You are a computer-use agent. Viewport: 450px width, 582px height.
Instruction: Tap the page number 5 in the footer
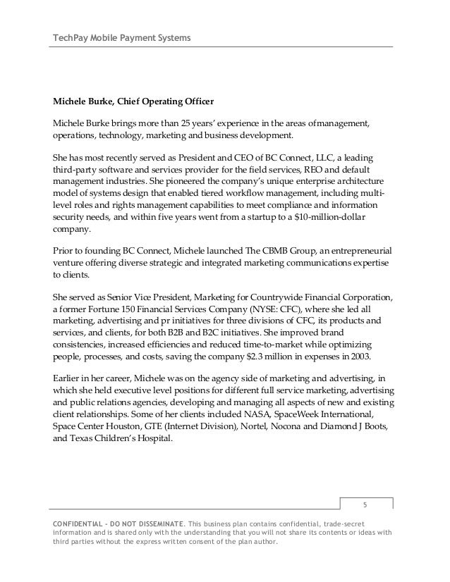[x=365, y=504]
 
